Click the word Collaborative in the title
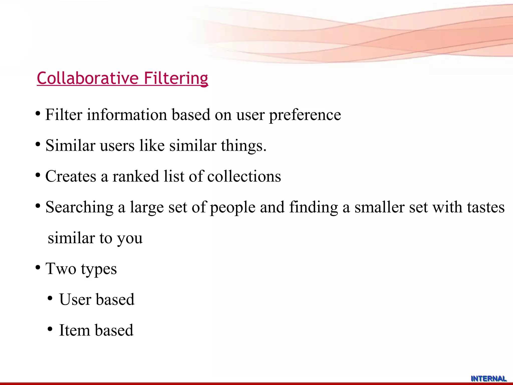pos(88,78)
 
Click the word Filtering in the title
pos(176,78)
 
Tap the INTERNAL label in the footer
pos(488,378)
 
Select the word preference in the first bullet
pos(305,115)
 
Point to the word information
pos(127,115)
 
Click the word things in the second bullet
pos(243,146)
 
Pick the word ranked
pos(136,176)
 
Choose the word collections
pos(244,176)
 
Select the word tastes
pos(486,208)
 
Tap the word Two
pos(61,269)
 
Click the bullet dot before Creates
pos(38,175)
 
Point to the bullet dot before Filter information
pos(38,114)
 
